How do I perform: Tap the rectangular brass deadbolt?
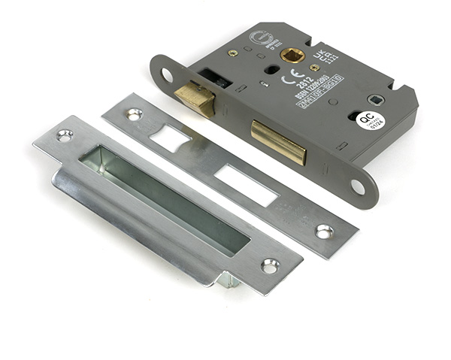point(279,142)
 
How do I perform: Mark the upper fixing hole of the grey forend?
point(167,75)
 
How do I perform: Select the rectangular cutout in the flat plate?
point(247,183)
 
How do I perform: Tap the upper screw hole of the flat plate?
point(134,114)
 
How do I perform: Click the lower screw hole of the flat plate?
point(325,231)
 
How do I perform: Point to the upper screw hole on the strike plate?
point(65,135)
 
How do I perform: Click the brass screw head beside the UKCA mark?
point(314,67)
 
